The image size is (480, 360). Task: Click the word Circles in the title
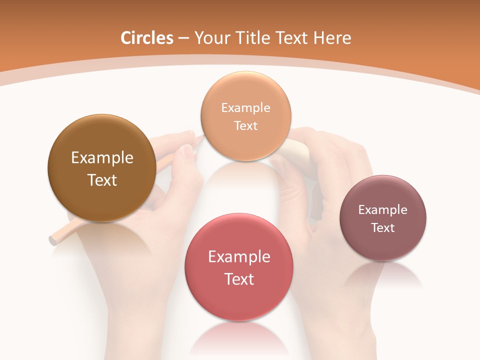146,38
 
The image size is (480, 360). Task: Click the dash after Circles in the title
183,38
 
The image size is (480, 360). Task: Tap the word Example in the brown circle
102,158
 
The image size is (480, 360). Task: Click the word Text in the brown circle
102,180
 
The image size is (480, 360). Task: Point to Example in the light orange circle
245,108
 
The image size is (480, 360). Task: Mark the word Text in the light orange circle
245,125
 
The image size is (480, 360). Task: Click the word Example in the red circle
239,257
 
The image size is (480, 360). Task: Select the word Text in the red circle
239,279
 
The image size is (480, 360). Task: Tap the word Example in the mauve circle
382,210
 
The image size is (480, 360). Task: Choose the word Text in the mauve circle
382,227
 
